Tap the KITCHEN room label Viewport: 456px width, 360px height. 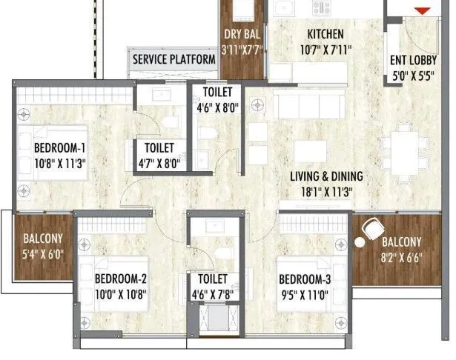pyautogui.click(x=326, y=34)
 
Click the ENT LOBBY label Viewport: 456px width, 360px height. pyautogui.click(x=417, y=61)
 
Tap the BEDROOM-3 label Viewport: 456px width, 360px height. pyautogui.click(x=308, y=279)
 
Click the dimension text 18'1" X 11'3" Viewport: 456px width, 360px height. pyautogui.click(x=327, y=191)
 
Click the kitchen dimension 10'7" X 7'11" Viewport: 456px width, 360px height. pyautogui.click(x=326, y=50)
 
